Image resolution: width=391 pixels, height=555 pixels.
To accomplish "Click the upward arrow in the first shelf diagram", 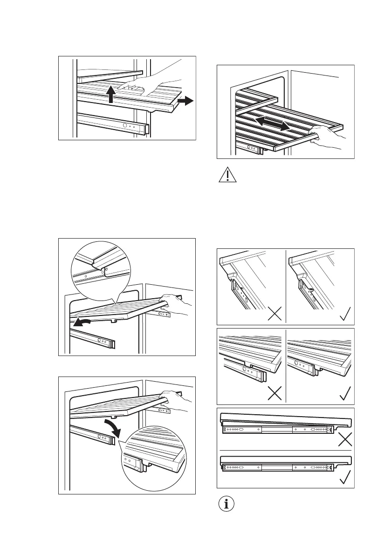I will [110, 94].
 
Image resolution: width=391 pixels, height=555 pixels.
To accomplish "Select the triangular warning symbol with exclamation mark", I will [227, 176].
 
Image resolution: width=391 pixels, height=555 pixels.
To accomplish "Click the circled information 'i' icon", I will [227, 504].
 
